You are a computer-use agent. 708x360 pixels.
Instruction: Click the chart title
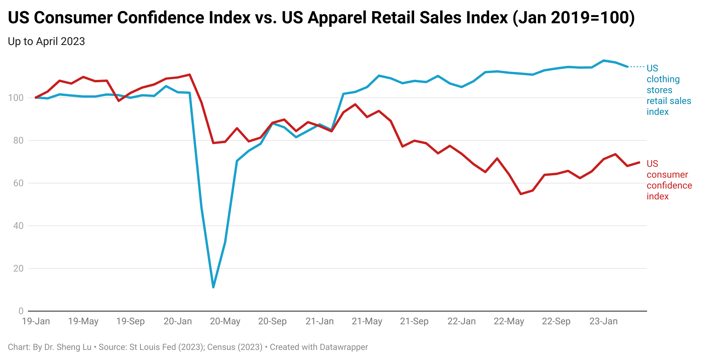[321, 18]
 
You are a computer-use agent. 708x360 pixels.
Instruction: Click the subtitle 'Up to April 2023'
[46, 42]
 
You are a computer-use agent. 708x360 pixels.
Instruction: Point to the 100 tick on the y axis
[16, 98]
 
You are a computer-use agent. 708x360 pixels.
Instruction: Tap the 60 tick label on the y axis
[18, 183]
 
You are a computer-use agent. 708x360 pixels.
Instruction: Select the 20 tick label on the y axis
[18, 268]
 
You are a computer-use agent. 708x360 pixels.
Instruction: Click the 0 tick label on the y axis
[21, 311]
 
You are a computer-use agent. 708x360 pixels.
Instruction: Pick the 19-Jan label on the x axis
[36, 322]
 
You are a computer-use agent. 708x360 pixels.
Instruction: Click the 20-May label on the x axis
[225, 322]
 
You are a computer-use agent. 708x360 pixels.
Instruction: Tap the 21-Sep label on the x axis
[414, 322]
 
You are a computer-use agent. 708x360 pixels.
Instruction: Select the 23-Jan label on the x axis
[603, 322]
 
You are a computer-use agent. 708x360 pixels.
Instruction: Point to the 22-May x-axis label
[509, 322]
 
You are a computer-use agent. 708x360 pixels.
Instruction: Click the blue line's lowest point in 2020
[213, 287]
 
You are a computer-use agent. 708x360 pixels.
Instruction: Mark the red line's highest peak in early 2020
[189, 74]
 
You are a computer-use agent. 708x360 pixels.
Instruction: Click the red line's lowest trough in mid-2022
[521, 194]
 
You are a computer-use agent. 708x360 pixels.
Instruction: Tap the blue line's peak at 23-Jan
[604, 61]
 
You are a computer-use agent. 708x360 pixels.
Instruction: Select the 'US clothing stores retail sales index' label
[668, 90]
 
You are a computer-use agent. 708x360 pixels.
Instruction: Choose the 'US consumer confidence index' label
[669, 180]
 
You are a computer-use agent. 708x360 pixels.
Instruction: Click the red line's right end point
[639, 163]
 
